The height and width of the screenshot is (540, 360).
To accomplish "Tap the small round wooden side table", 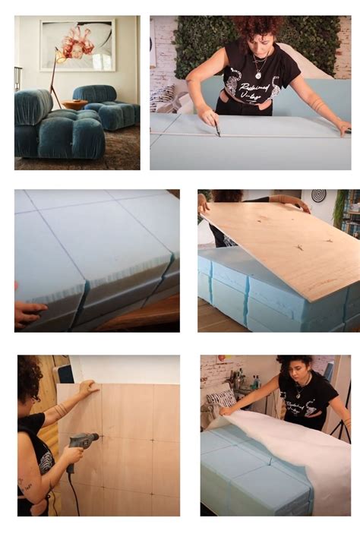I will [74, 105].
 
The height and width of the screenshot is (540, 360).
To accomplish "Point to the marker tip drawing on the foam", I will [218, 134].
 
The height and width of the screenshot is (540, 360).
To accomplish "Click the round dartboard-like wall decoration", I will [318, 196].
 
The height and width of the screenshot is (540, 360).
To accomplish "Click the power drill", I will [81, 441].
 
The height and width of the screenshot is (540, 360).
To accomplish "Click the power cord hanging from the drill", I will [74, 494].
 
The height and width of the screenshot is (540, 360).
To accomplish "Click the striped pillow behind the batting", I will [222, 399].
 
